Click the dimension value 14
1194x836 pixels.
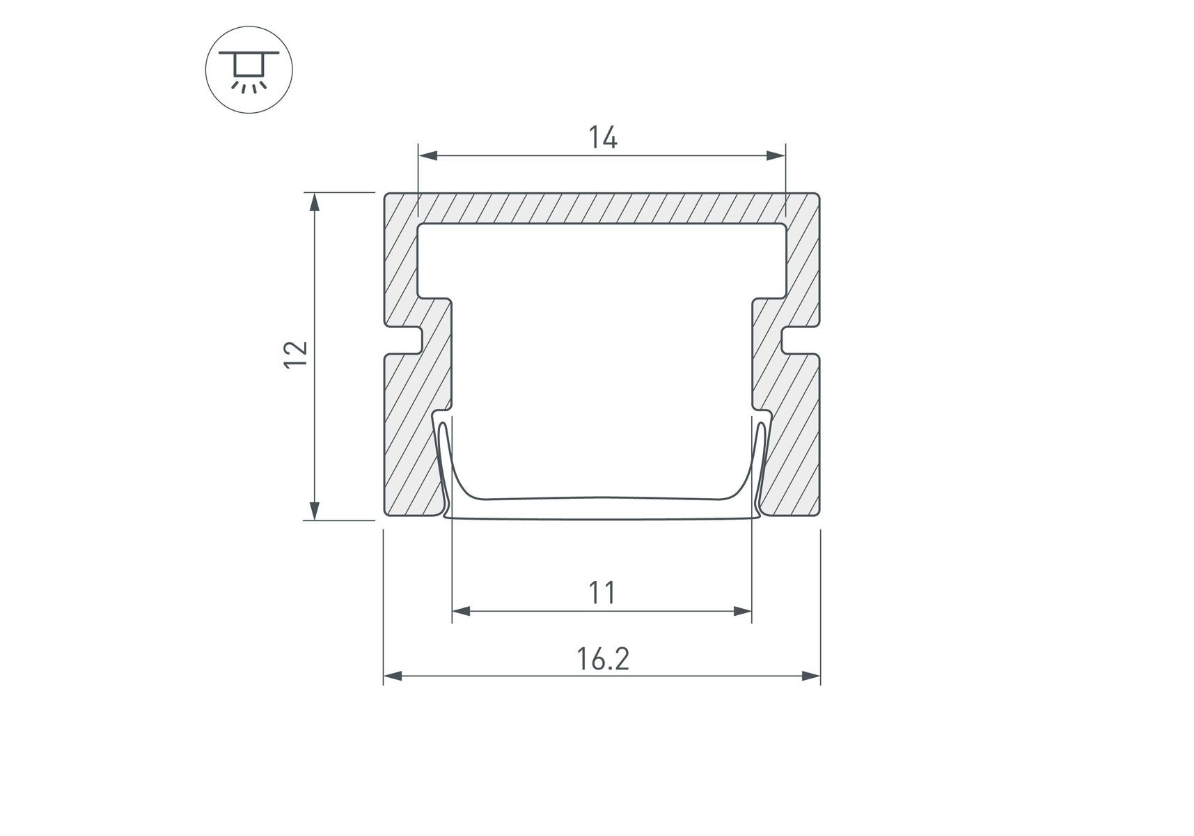(603, 138)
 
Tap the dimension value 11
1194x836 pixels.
(602, 593)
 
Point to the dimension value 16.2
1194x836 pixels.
(603, 658)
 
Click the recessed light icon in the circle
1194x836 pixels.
(249, 70)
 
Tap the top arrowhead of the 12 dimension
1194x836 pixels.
(315, 202)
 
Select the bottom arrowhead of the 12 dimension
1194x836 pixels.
(315, 510)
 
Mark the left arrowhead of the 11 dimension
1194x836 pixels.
(462, 612)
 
